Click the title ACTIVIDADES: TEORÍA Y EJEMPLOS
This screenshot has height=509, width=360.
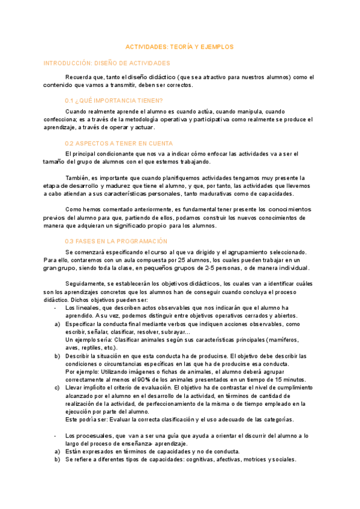pos(178,46)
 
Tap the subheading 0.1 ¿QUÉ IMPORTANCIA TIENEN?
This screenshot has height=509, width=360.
pos(113,100)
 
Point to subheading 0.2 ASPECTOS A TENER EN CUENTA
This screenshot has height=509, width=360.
pos(118,143)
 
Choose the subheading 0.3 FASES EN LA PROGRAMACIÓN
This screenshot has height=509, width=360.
pos(116,241)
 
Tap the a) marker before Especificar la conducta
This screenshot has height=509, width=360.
pos(56,324)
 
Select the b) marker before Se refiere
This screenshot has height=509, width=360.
pos(56,459)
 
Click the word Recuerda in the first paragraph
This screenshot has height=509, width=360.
pos(78,77)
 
